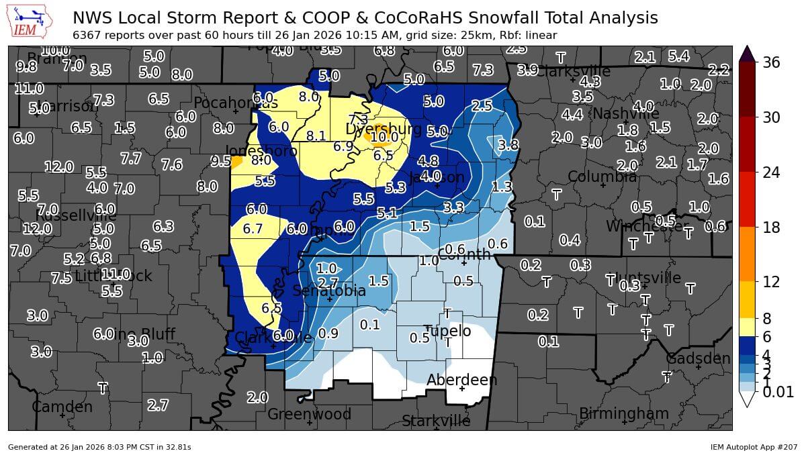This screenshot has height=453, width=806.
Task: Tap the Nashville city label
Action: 625,113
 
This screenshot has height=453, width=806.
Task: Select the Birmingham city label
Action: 624,413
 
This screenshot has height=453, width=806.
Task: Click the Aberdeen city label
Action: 462,381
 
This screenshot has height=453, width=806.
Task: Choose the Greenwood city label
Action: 309,414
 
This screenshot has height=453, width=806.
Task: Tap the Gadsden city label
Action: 698,358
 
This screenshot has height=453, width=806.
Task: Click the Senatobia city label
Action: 329,291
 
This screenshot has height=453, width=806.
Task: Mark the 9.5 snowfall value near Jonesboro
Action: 220,161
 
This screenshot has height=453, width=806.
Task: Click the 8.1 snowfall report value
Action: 316,136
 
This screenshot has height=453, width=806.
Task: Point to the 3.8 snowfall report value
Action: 508,144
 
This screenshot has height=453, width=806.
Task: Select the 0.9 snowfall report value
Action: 328,333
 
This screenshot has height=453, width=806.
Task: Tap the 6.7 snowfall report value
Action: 253,229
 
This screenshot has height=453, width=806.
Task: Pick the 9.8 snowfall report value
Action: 26,66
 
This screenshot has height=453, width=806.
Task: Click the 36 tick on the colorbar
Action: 770,62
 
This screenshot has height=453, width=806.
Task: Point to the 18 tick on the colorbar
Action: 770,228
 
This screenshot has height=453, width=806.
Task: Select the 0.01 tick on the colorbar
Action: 778,392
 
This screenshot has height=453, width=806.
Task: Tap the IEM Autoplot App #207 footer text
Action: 754,446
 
